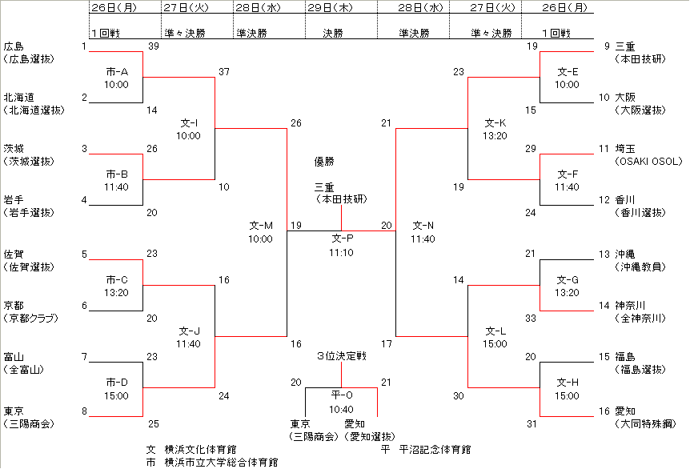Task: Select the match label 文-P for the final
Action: (x=342, y=239)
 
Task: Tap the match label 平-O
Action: (x=342, y=395)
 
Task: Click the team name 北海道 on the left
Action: (x=18, y=98)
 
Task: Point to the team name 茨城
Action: (x=14, y=149)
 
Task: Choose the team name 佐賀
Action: (x=14, y=255)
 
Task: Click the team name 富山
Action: (x=14, y=357)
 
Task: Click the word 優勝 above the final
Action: (x=323, y=162)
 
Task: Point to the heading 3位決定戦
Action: (x=341, y=356)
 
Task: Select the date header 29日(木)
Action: (x=332, y=7)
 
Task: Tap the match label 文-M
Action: (x=261, y=226)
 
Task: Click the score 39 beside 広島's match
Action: (x=154, y=46)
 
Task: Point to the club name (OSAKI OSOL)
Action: (x=648, y=162)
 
